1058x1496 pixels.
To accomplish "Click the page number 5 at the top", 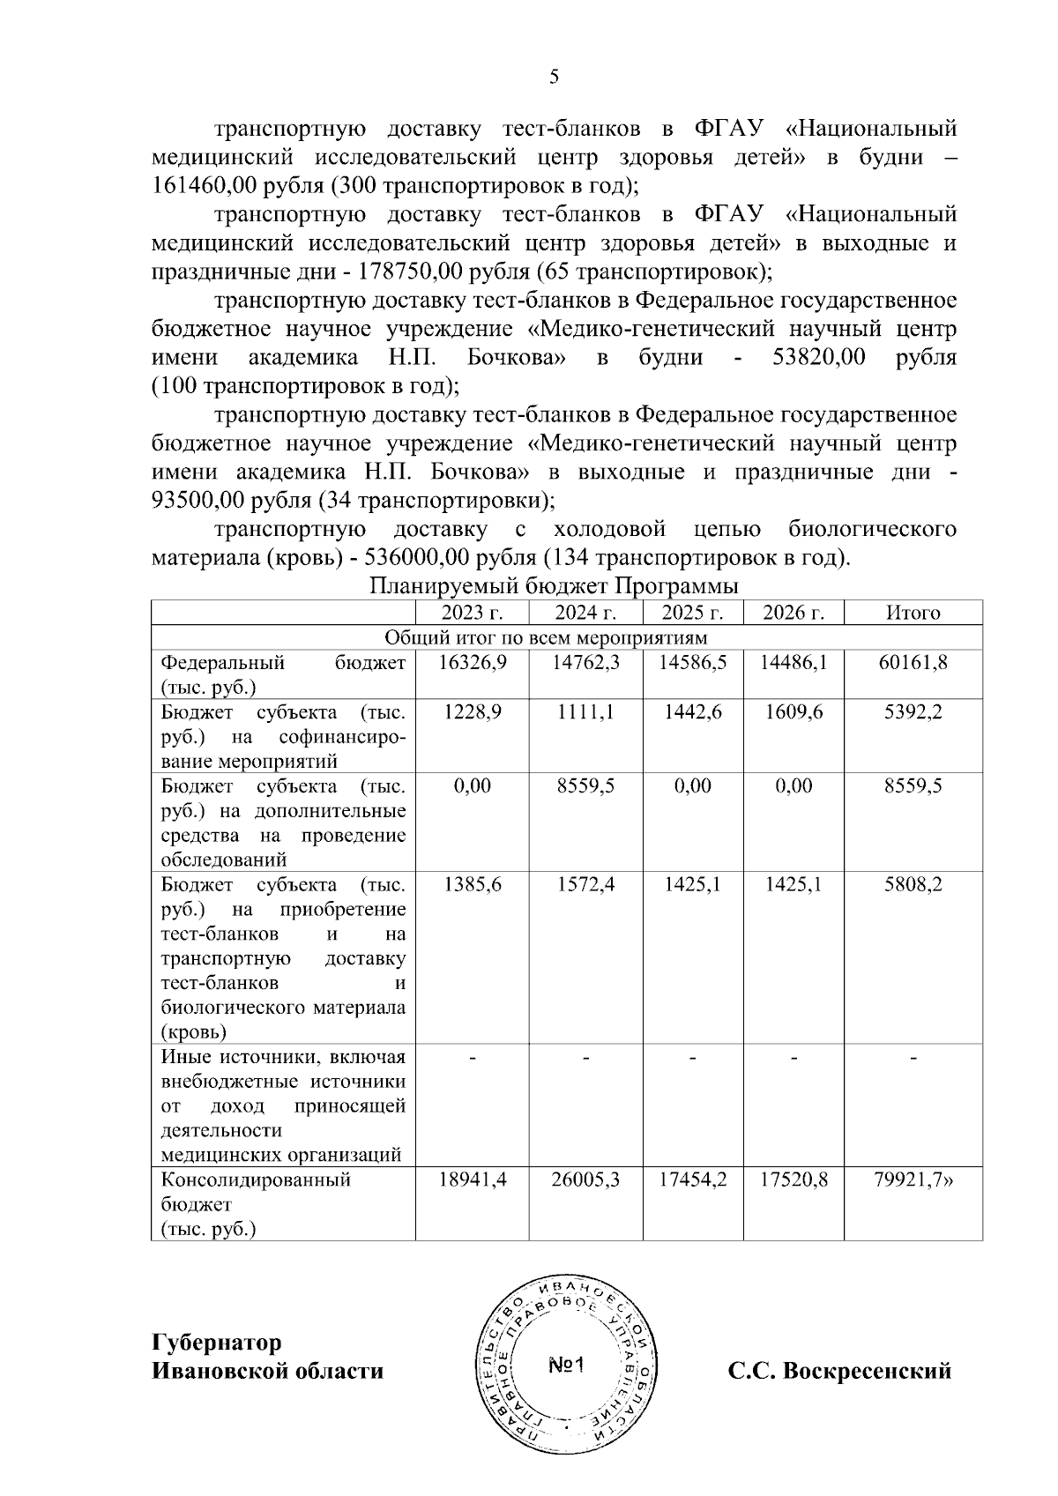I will pyautogui.click(x=554, y=77).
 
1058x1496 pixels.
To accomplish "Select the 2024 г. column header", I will pyautogui.click(x=585, y=613).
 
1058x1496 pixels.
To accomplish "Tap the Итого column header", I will pyautogui.click(x=913, y=613).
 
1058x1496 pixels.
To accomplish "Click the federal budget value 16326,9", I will pyautogui.click(x=473, y=663).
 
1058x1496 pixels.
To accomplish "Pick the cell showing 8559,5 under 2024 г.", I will pyautogui.click(x=585, y=785).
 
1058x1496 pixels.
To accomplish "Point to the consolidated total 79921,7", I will pyautogui.click(x=913, y=1180).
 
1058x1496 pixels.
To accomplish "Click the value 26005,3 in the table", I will pyautogui.click(x=585, y=1180).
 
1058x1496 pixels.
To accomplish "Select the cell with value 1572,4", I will pyautogui.click(x=585, y=883).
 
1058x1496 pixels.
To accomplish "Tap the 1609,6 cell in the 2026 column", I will pyautogui.click(x=793, y=711).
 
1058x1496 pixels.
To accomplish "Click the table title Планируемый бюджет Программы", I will pyautogui.click(x=554, y=586).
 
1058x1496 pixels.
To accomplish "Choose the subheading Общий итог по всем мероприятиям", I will pyautogui.click(x=547, y=637).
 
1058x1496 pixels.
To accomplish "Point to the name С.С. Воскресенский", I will pyautogui.click(x=839, y=1371).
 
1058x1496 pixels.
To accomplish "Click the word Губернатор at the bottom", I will pyautogui.click(x=217, y=1343).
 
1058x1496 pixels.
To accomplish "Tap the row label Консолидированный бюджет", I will pyautogui.click(x=256, y=1191).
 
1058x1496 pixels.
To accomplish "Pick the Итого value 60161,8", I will pyautogui.click(x=913, y=663).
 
